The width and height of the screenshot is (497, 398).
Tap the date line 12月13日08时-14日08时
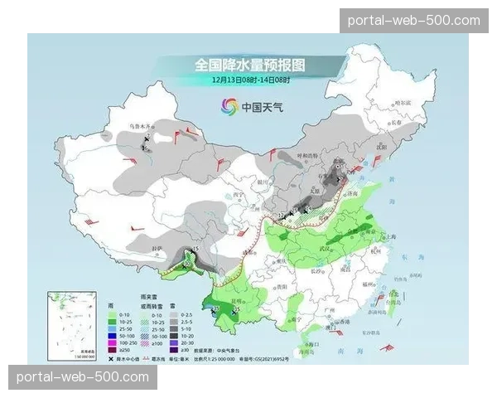tap(249, 79)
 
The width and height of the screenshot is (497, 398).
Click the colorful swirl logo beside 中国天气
tap(228, 105)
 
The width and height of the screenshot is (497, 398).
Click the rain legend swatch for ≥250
tap(112, 350)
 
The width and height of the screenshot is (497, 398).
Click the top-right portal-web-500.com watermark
tap(414, 20)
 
